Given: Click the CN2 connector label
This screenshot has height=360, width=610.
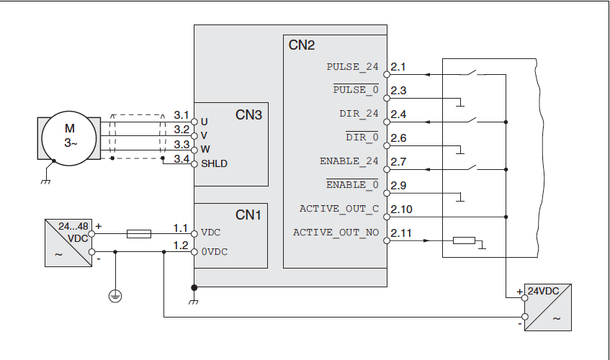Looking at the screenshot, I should click(x=302, y=45).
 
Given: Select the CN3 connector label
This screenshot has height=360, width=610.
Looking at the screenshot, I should click(x=248, y=114).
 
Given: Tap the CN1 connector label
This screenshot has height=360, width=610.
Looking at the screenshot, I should click(x=248, y=215).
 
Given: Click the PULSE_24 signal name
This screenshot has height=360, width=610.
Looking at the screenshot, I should click(x=352, y=67).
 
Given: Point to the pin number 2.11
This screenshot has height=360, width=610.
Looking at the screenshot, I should click(x=401, y=233).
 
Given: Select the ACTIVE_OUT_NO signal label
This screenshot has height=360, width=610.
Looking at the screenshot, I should click(x=336, y=233).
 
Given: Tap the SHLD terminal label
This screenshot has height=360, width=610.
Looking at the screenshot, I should click(x=214, y=163).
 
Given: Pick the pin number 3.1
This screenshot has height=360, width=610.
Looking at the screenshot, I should click(x=181, y=114).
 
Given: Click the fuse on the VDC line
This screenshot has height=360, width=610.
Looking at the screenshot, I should click(x=138, y=233).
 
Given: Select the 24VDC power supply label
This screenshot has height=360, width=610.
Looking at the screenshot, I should click(x=544, y=292).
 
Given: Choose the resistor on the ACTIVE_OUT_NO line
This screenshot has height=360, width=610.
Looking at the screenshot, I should click(x=464, y=240).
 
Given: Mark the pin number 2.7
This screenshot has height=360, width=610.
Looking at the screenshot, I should click(x=398, y=162).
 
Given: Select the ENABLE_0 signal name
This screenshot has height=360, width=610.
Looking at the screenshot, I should click(x=352, y=185).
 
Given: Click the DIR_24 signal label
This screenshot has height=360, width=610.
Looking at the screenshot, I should click(x=359, y=114).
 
